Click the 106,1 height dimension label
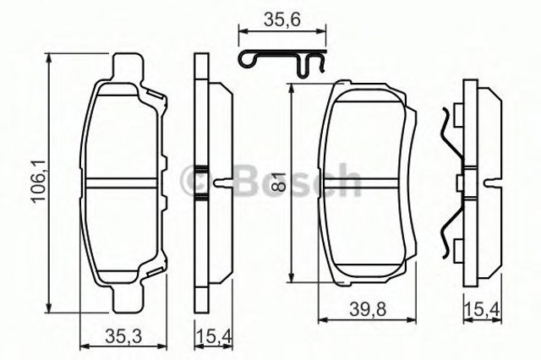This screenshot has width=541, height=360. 36,180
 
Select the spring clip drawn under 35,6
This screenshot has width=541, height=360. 282,62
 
